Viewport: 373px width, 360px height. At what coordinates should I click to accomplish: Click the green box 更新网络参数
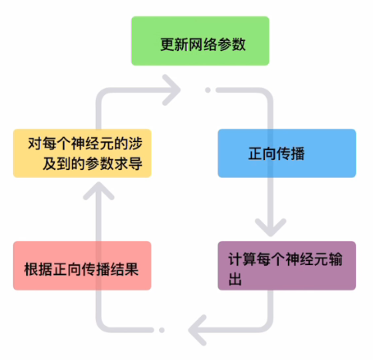click(200, 41)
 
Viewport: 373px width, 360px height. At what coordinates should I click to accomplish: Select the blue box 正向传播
click(287, 153)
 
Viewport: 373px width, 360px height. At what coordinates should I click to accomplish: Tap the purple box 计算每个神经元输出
click(287, 266)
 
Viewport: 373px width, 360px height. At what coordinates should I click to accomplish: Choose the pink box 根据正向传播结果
click(82, 266)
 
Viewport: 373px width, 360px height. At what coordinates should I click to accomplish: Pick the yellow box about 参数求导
click(82, 153)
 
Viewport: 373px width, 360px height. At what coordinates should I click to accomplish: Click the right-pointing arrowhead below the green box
click(172, 90)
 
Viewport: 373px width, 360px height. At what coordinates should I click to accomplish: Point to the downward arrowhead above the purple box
click(270, 227)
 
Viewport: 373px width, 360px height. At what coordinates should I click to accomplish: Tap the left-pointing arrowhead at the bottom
click(198, 330)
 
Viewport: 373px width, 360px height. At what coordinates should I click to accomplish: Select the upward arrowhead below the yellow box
click(99, 191)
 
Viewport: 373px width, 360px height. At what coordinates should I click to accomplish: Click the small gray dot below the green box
click(208, 90)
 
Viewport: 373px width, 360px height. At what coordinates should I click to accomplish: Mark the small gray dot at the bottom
click(161, 330)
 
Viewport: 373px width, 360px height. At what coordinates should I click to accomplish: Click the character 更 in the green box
click(168, 44)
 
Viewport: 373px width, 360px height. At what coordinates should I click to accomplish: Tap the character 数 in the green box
click(239, 44)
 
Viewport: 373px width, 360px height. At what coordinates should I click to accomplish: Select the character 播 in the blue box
click(298, 154)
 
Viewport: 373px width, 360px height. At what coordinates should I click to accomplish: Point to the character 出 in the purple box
click(235, 279)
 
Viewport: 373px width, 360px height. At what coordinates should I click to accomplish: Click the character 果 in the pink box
click(132, 270)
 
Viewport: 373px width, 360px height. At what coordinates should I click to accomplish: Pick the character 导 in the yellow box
click(135, 163)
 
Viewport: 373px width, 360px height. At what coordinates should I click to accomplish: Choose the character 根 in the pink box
click(31, 270)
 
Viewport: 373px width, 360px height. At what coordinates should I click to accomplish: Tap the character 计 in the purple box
click(236, 259)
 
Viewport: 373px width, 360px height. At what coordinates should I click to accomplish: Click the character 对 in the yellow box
click(35, 143)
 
